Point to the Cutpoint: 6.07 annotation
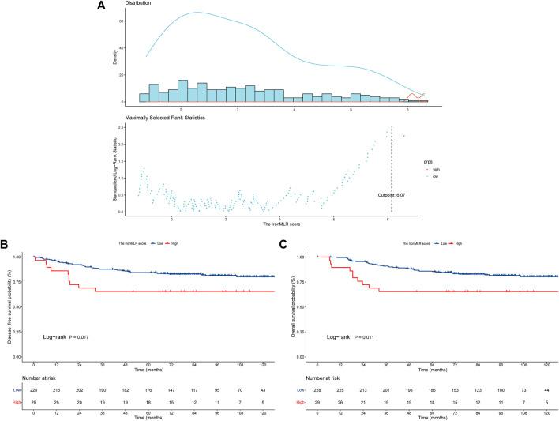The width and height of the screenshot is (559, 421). coord(388,194)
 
